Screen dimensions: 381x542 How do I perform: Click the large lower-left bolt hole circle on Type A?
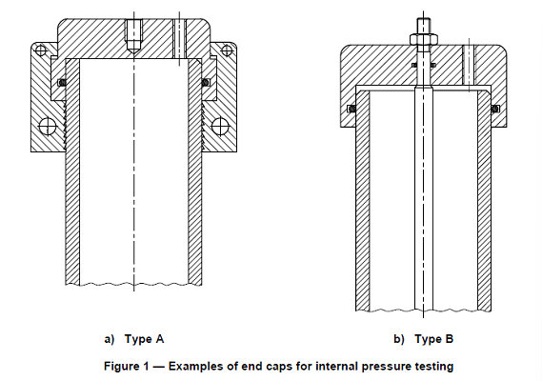click(45, 126)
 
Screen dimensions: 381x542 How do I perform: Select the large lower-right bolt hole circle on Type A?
click(220, 126)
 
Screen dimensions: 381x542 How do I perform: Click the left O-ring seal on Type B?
click(351, 108)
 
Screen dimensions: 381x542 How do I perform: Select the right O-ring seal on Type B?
click(494, 108)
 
